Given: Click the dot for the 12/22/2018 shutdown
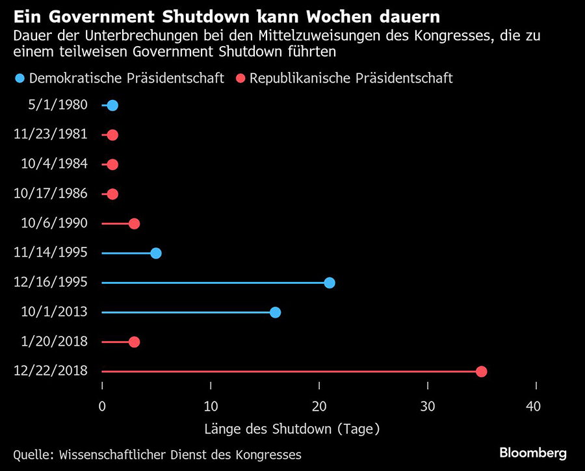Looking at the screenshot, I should (x=481, y=372).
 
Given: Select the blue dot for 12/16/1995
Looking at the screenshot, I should (x=330, y=283).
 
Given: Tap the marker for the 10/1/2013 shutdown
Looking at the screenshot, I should (x=275, y=312).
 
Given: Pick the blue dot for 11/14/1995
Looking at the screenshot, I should (x=156, y=253).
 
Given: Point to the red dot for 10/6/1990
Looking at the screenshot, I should (x=134, y=223).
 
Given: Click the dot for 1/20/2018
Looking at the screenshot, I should (x=134, y=342).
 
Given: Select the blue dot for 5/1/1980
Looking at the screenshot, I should (x=112, y=105).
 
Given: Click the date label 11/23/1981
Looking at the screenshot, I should (x=51, y=134).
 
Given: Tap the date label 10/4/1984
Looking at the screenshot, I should (x=55, y=164).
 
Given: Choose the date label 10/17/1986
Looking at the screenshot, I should (x=51, y=194).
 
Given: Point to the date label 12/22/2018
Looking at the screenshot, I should (x=51, y=371).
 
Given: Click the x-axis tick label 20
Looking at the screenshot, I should (x=318, y=407).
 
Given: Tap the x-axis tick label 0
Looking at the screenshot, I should (x=102, y=407).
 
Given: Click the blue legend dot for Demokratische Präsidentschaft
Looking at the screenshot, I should (x=19, y=79).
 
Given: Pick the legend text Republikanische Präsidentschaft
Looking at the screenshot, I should (x=351, y=79).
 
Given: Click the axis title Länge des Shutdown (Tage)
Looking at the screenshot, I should (x=292, y=429).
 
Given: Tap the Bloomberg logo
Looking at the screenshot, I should (x=532, y=453).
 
